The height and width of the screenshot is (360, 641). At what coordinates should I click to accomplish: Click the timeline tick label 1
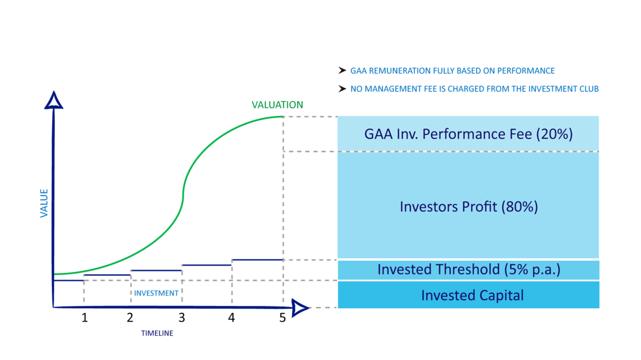pos(85,318)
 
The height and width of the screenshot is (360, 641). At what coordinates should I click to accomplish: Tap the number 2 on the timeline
pos(130,318)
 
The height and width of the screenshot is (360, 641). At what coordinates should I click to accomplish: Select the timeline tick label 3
pos(182,318)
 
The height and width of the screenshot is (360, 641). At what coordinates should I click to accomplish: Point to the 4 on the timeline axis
pos(231,318)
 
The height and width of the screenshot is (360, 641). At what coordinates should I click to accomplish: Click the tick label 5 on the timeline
pos(283,318)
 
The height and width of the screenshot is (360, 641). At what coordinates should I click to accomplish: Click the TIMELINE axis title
pos(157,333)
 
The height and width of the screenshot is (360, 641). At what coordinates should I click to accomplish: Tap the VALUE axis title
pos(44,203)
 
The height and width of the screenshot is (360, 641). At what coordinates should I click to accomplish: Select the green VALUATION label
pos(277,105)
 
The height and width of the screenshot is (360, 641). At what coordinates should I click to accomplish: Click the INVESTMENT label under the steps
pos(156,293)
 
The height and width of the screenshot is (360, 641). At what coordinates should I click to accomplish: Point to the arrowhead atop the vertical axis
pos(53,101)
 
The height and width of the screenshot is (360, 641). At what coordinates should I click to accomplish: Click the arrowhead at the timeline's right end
pos(300,308)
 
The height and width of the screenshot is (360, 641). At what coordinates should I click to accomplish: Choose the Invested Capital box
pos(468,295)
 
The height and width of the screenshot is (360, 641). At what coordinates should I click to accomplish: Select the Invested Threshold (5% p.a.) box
pos(468,270)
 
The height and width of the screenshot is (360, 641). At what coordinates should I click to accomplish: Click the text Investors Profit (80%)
pos(469,207)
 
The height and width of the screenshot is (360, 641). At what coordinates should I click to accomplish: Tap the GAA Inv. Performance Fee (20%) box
pos(468,134)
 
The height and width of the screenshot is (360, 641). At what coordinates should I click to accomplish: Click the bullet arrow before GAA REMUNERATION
pos(342,71)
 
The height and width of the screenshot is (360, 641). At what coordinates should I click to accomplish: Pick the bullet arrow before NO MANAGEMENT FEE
pos(342,89)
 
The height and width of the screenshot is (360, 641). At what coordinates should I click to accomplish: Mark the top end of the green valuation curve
pos(283,117)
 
